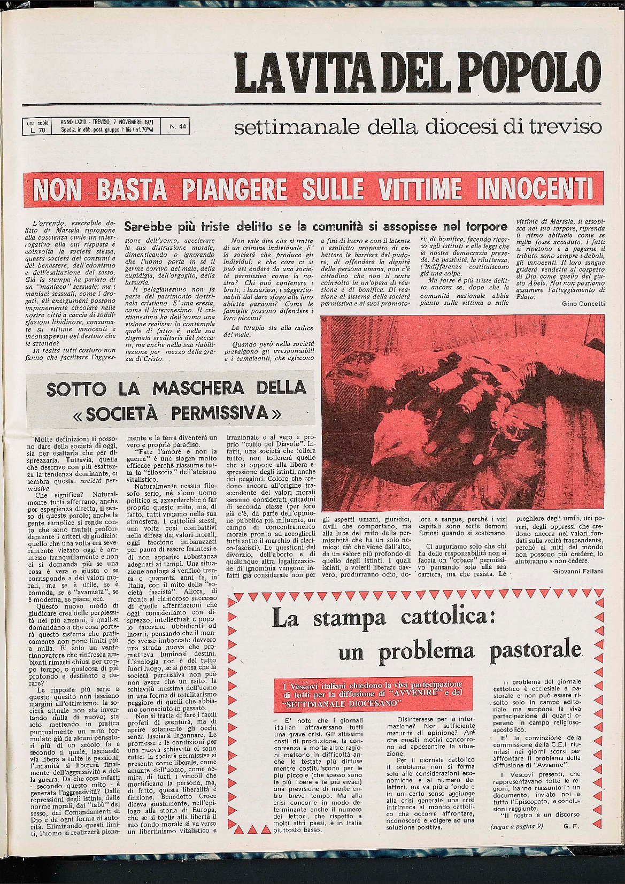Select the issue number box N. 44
(x=177, y=127)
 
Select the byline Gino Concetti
(x=583, y=303)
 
